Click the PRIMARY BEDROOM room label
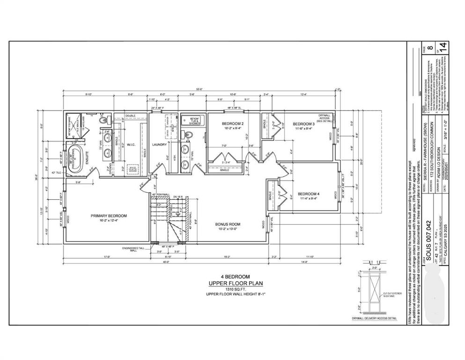tap(108, 216)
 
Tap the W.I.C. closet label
tap(131, 144)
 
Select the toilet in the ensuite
tap(104, 120)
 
